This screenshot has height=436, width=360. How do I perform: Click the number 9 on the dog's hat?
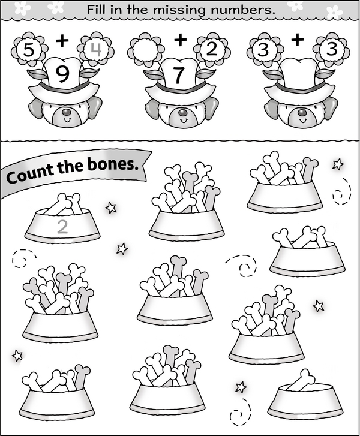pyautogui.click(x=62, y=74)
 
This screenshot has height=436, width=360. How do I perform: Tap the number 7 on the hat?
pyautogui.click(x=179, y=74)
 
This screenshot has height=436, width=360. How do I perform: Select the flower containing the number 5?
pyautogui.click(x=28, y=50)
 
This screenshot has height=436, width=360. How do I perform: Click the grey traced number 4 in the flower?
pyautogui.click(x=96, y=50)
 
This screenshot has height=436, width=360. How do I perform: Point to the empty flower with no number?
pyautogui.click(x=145, y=50)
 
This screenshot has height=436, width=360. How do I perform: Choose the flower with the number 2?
pyautogui.click(x=212, y=50)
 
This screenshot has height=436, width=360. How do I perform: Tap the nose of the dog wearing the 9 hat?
pyautogui.click(x=66, y=112)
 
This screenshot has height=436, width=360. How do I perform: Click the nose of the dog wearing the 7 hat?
pyautogui.click(x=182, y=112)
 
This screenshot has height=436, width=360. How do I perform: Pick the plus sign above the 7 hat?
pyautogui.click(x=181, y=40)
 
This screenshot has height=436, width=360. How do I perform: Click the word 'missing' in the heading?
pyautogui.click(x=179, y=10)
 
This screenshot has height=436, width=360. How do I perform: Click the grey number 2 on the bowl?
pyautogui.click(x=62, y=227)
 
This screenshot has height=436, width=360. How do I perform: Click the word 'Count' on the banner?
pyautogui.click(x=30, y=174)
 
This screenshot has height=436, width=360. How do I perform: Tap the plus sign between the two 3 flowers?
pyautogui.click(x=298, y=40)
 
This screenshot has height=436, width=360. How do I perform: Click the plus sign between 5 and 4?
pyautogui.click(x=62, y=41)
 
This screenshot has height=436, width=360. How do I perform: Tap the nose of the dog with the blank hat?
pyautogui.click(x=302, y=112)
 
